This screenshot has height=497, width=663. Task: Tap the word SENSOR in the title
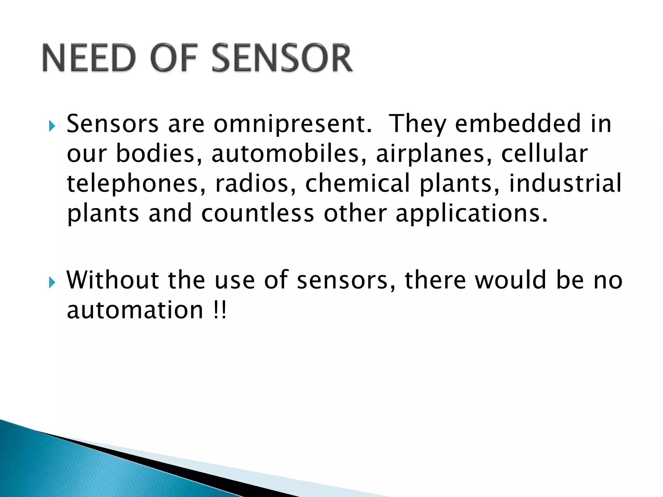pos(282,58)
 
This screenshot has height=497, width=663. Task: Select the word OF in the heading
pos(174,58)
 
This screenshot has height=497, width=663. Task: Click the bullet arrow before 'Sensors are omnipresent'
pos(52,126)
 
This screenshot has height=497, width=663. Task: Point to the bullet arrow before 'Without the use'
pos(52,282)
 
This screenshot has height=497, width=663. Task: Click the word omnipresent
pos(292,125)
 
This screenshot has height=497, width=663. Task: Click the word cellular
pos(545,154)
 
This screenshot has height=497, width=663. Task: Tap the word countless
pos(257,214)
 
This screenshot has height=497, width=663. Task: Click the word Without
pos(112,280)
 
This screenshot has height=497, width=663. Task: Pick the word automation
pos(135,310)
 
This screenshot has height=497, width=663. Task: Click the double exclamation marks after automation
pos(220,310)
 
